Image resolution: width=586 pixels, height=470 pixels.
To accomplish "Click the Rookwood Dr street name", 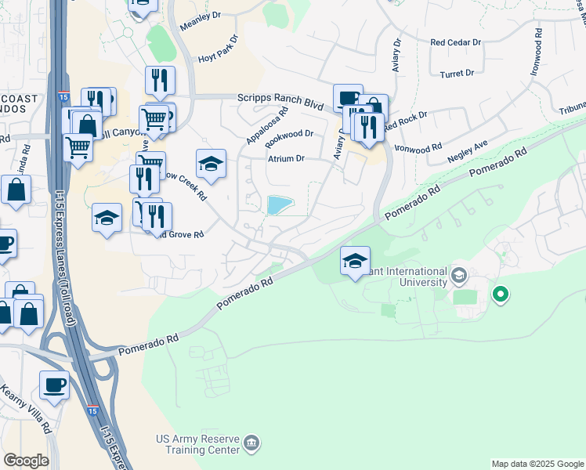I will click(x=289, y=134).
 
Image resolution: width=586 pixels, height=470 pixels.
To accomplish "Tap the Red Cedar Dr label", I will click(x=455, y=42).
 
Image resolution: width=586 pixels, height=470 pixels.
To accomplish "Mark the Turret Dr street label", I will click(x=458, y=73).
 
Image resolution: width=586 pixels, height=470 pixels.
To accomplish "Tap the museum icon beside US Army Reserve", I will click(x=251, y=444).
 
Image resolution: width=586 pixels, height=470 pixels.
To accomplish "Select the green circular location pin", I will click(x=500, y=295).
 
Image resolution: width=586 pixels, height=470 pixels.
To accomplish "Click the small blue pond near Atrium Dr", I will click(x=280, y=205).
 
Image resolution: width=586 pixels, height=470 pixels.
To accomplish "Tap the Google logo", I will click(x=26, y=461).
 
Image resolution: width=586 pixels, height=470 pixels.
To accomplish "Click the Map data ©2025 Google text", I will click(x=537, y=464).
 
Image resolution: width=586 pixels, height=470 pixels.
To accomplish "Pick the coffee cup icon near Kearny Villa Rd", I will click(x=54, y=385).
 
